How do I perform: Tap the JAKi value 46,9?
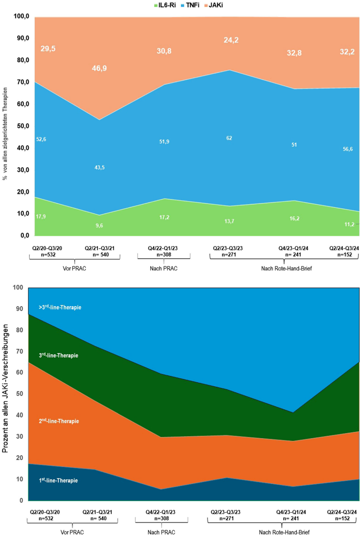[99, 69]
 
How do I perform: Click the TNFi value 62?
[229, 138]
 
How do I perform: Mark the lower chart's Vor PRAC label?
[73, 532]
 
